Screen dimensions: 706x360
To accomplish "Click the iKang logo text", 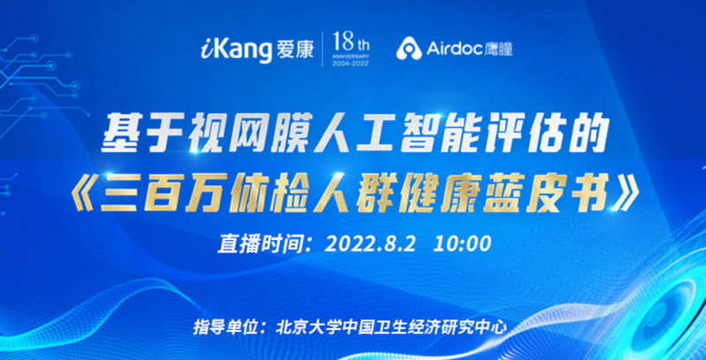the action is tap(236, 50).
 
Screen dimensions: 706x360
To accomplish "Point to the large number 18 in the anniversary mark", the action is tap(343, 43).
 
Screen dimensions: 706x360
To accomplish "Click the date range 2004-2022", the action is tap(350, 64).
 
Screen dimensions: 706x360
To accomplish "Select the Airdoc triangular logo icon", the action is tap(409, 49).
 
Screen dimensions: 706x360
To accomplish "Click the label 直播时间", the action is tap(255, 244).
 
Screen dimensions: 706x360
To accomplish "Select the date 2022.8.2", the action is tap(371, 244).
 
